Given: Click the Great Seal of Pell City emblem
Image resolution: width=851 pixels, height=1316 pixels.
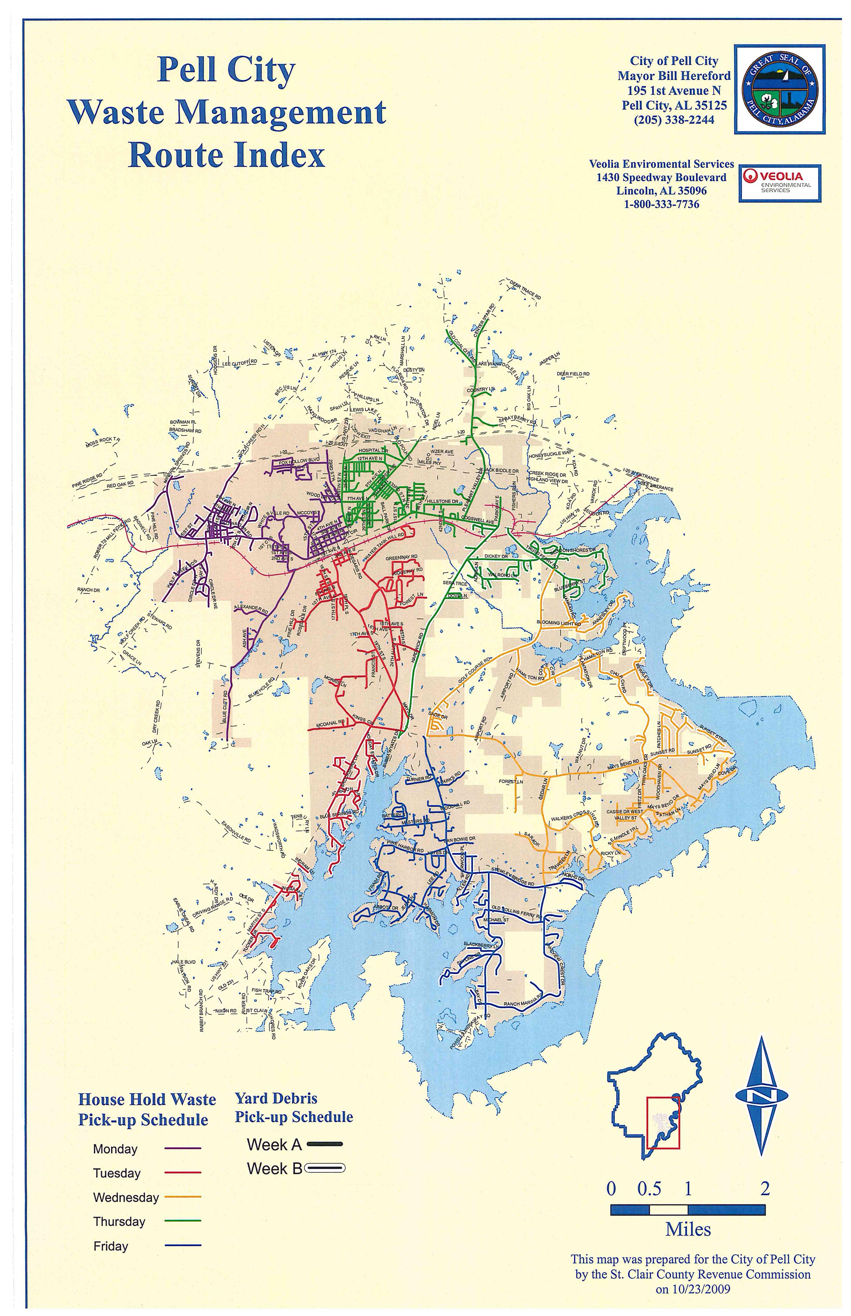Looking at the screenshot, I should pyautogui.click(x=780, y=90).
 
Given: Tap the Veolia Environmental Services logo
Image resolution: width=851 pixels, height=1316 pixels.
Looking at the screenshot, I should pyautogui.click(x=780, y=183).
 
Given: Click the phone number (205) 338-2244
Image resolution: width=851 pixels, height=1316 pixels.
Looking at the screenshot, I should pyautogui.click(x=674, y=120).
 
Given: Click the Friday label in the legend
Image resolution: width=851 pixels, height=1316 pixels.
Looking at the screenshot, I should pyautogui.click(x=111, y=1246).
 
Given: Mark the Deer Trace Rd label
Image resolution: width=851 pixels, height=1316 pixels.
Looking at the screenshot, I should pyautogui.click(x=525, y=289).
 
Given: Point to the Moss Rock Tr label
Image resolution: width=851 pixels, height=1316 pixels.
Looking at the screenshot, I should pyautogui.click(x=102, y=442).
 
